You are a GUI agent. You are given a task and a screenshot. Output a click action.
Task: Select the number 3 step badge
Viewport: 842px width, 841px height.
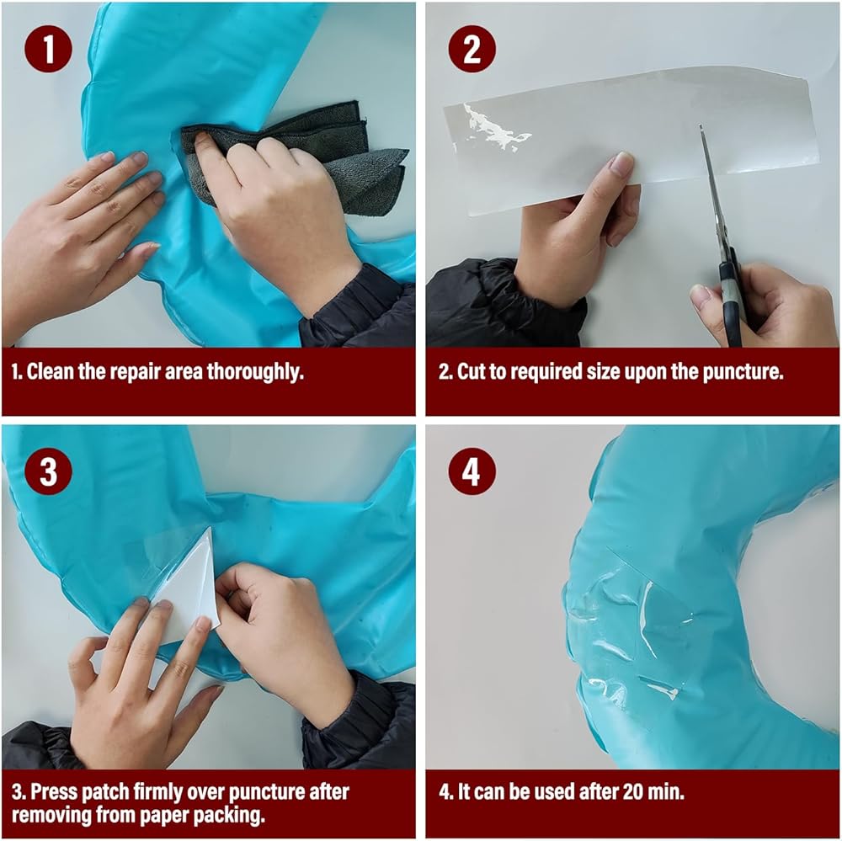click(x=48, y=471)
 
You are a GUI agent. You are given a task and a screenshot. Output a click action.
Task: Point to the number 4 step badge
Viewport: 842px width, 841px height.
click(x=472, y=471)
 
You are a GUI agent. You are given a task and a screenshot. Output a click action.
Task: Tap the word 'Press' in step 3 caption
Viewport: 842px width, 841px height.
click(x=53, y=791)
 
